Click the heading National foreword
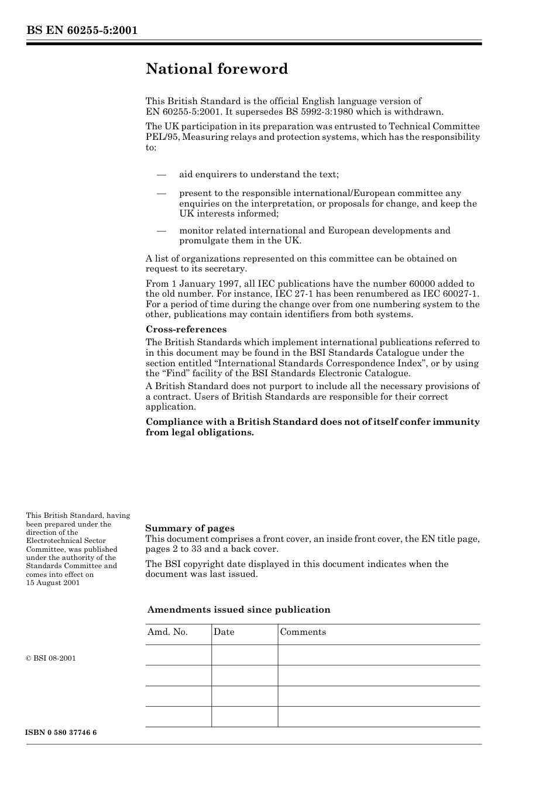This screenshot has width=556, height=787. click(217, 69)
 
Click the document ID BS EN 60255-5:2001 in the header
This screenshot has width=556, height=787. click(81, 30)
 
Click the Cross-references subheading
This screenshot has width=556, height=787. click(186, 329)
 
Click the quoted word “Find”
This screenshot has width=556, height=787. click(173, 373)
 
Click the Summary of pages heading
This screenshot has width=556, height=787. click(190, 528)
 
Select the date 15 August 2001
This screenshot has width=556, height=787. click(53, 583)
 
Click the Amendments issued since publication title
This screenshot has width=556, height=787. click(239, 610)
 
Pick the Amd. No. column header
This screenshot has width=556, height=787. click(167, 632)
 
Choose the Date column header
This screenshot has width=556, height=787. click(224, 632)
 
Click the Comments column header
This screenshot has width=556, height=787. click(303, 632)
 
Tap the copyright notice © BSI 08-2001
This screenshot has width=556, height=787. click(51, 658)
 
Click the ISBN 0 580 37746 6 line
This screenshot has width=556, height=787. click(61, 733)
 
